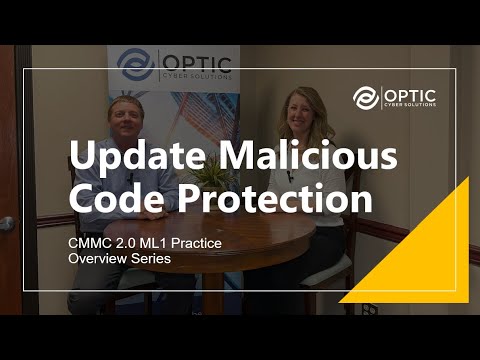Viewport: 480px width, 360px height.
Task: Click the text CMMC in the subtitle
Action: pyautogui.click(x=91, y=243)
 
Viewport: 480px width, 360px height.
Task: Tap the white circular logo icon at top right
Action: pyautogui.click(x=366, y=97)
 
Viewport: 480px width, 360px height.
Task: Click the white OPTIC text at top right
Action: pyautogui.click(x=411, y=92)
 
